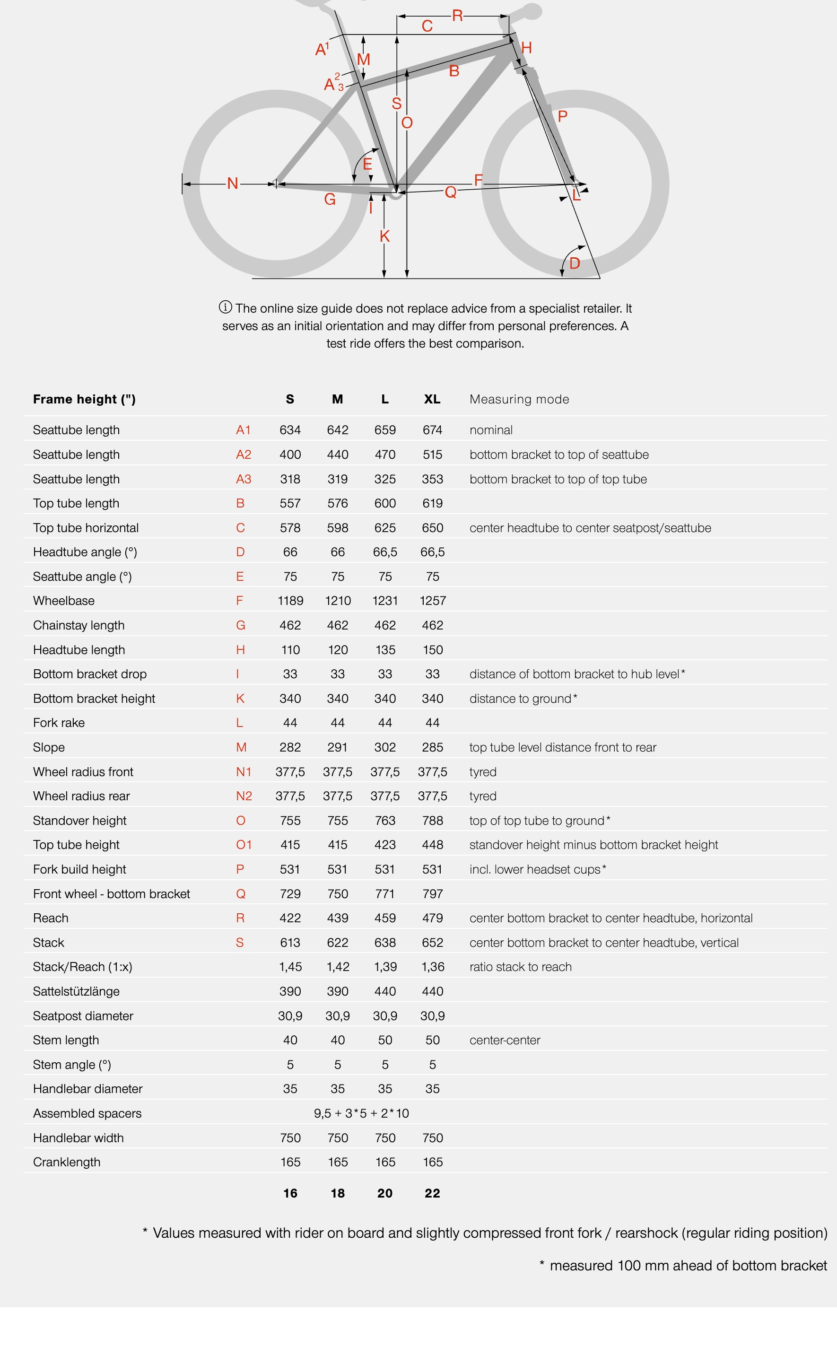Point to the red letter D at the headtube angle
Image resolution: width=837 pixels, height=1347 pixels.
(x=575, y=263)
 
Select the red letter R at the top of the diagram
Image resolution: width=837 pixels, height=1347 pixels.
(x=457, y=16)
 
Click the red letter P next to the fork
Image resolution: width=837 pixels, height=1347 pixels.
(x=562, y=116)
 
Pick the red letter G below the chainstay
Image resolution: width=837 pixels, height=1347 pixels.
(x=330, y=199)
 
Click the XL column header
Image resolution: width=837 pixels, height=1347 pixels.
(x=432, y=399)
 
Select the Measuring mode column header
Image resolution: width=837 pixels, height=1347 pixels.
(x=519, y=399)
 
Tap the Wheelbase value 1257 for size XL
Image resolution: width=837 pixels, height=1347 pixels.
(x=432, y=601)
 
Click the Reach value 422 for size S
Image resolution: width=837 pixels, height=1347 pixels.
(x=290, y=918)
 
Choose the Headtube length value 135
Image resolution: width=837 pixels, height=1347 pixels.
(x=385, y=649)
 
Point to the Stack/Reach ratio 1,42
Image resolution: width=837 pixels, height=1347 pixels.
(x=338, y=967)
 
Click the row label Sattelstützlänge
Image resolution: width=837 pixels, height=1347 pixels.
(x=77, y=991)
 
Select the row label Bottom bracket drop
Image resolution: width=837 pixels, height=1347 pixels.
(x=90, y=674)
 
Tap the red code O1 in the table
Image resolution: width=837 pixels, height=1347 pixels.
(x=244, y=844)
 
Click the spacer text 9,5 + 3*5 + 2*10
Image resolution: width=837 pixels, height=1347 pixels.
(x=361, y=1113)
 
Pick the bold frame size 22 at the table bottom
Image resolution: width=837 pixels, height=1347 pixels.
(x=432, y=1193)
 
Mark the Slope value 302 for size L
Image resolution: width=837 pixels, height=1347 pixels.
(x=385, y=747)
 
